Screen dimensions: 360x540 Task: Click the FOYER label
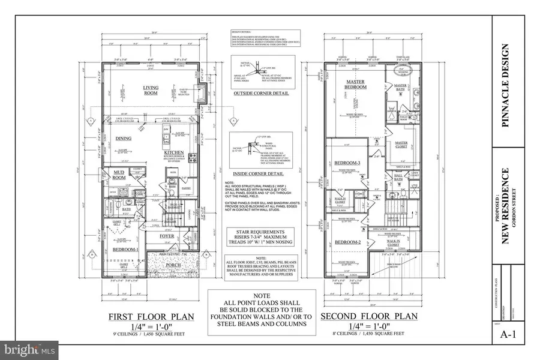tap(167, 236)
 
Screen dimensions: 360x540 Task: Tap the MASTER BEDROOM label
tap(356, 84)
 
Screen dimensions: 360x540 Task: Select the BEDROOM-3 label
tap(347, 163)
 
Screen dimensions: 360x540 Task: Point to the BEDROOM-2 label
tap(347, 242)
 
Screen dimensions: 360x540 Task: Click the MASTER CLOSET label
tap(401, 145)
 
